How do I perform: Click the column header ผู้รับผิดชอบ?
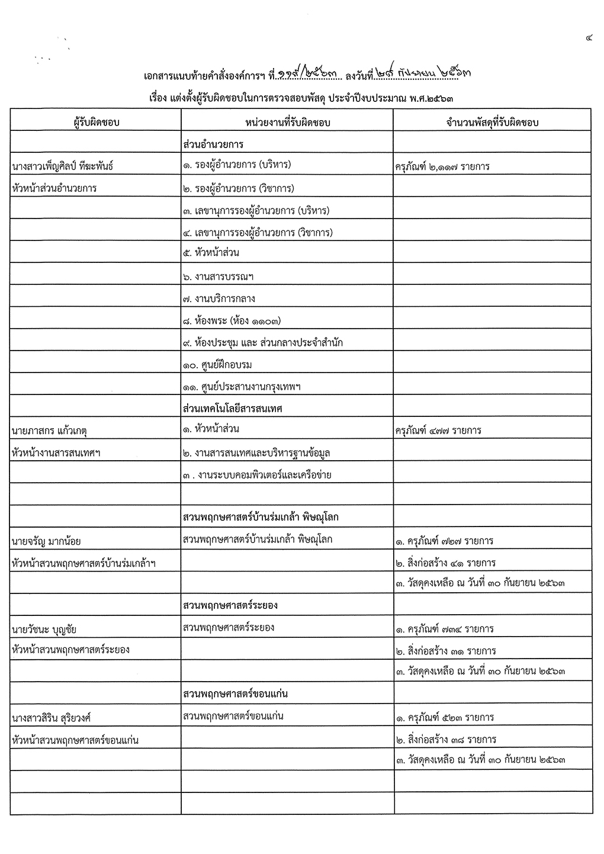pyautogui.click(x=95, y=122)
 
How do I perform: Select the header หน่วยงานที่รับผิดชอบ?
pyautogui.click(x=287, y=122)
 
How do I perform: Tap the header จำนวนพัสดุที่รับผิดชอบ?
pyautogui.click(x=492, y=122)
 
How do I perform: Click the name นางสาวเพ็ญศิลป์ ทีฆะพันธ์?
pyautogui.click(x=63, y=166)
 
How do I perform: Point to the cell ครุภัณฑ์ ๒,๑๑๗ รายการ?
pyautogui.click(x=442, y=166)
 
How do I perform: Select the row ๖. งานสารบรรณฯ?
pyautogui.click(x=219, y=277)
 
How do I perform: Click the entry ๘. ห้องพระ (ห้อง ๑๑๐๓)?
pyautogui.click(x=232, y=321)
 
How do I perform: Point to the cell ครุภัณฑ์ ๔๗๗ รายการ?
pyautogui.click(x=438, y=431)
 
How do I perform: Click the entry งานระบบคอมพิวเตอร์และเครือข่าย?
pyautogui.click(x=258, y=475)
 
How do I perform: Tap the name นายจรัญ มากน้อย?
pyautogui.click(x=46, y=541)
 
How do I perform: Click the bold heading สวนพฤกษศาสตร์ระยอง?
pyautogui.click(x=231, y=605)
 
